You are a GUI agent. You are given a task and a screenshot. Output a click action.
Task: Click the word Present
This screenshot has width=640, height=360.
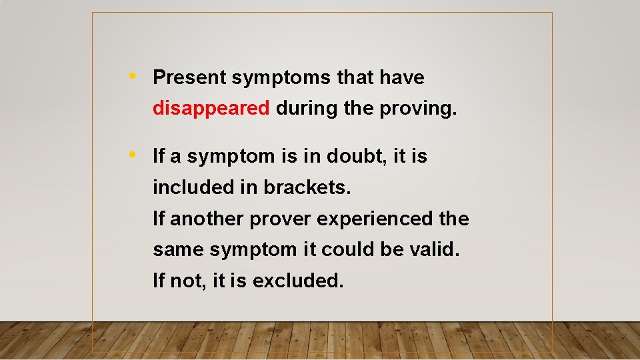(x=190, y=78)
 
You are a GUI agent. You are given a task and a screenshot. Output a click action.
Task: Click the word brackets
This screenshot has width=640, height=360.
(x=307, y=188)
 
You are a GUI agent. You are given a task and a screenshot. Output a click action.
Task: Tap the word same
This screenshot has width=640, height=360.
(x=179, y=250)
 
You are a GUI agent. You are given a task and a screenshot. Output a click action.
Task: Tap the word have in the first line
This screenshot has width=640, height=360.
(x=402, y=78)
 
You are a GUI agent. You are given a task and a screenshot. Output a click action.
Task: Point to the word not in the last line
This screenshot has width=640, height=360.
(x=187, y=281)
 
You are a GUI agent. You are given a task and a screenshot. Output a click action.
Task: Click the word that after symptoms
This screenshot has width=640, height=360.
(x=355, y=78)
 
